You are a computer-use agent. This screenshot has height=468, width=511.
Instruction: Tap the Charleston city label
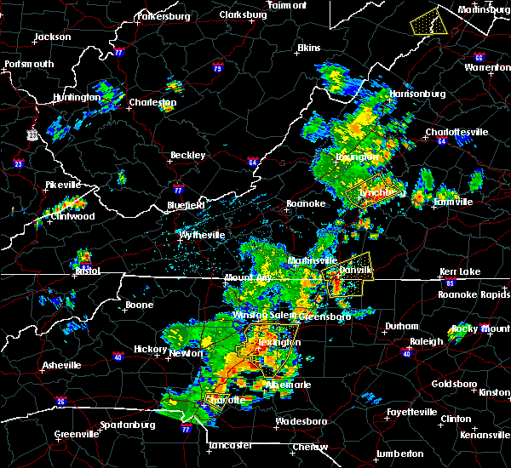[x=153, y=102]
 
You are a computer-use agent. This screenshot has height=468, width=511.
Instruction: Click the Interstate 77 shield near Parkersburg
[x=118, y=52]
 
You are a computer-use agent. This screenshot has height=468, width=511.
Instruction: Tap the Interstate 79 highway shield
[x=217, y=67]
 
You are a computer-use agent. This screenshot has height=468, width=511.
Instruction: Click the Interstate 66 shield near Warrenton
[x=479, y=58]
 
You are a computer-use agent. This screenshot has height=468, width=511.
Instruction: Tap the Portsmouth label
[x=29, y=64]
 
